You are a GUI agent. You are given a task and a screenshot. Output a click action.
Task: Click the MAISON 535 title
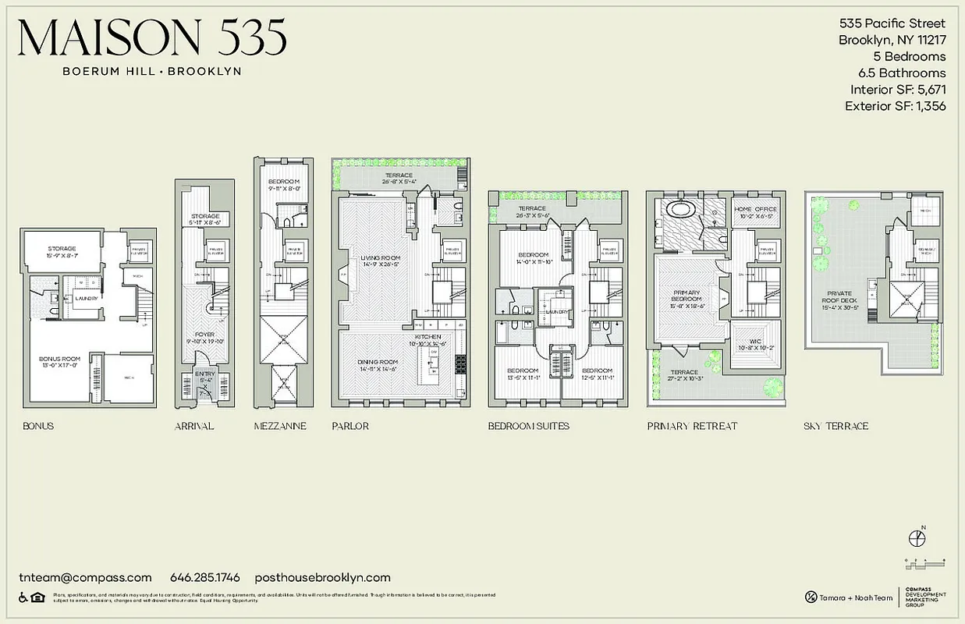point(152,37)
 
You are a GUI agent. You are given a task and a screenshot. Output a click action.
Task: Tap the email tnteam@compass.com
point(85,578)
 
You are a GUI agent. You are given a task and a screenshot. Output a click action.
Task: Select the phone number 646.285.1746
point(205,578)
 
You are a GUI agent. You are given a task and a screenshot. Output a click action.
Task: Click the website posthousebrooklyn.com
point(322,578)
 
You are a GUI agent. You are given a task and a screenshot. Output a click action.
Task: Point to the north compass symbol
point(918,538)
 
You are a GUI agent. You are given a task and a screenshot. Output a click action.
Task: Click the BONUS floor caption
point(39,426)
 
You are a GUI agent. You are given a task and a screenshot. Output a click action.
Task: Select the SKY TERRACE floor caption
point(836,426)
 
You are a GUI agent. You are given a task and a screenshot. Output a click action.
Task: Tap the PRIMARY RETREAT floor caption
point(692,426)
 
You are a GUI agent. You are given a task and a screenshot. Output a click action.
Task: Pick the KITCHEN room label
point(428,336)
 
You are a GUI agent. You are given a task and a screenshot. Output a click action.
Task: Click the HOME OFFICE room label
point(754,208)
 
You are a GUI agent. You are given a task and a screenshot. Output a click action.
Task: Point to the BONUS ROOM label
point(59,360)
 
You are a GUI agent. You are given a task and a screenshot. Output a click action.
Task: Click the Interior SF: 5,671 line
point(898,90)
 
